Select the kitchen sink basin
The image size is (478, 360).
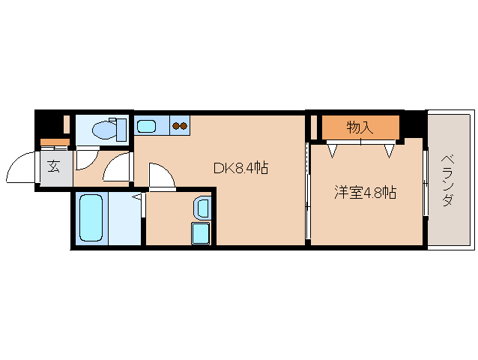click(x=146, y=125)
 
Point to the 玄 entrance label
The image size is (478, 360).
click(x=54, y=166)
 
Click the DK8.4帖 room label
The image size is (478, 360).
click(x=240, y=168)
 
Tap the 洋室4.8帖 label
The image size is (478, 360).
click(x=365, y=192)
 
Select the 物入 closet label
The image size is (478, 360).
click(x=360, y=128)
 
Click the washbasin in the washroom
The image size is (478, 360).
click(x=202, y=206)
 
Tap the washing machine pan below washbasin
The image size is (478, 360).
click(x=202, y=233)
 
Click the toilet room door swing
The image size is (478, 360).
click(x=87, y=158)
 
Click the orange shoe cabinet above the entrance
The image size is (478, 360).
click(x=54, y=142)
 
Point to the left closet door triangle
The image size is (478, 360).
click(x=332, y=150)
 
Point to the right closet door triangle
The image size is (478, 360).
click(x=389, y=150)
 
